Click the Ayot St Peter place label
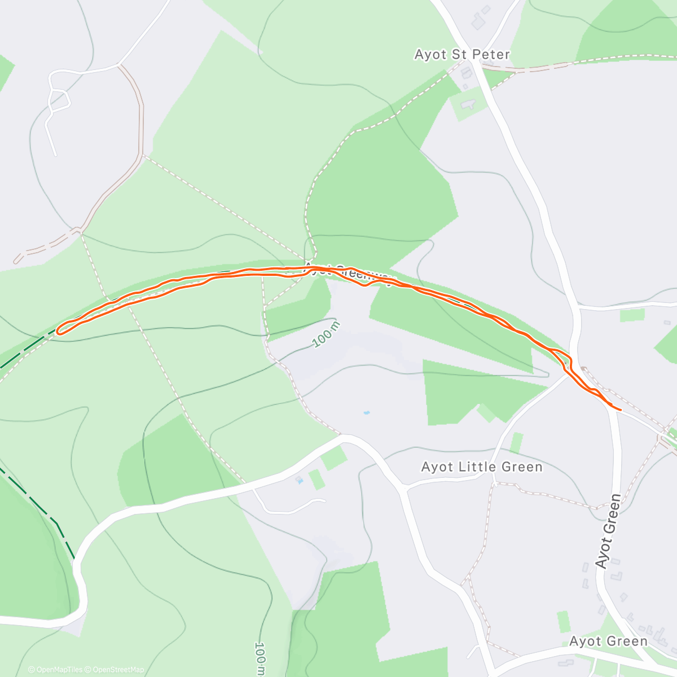coord(462,55)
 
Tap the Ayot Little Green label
coord(482,467)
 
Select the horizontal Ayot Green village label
coord(608,641)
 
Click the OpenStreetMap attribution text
coord(118,670)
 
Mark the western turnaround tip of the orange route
coord(58,329)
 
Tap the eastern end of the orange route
coord(620,409)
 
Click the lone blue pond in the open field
coord(366,413)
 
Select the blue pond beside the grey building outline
coord(298,481)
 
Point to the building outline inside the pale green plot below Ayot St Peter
coord(468,104)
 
